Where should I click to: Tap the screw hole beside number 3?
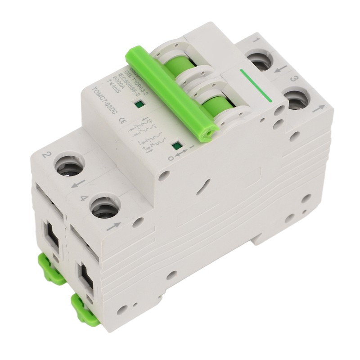click(x=297, y=99)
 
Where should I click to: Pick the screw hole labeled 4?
click(x=104, y=208)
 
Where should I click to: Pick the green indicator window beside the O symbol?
click(x=176, y=145)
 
